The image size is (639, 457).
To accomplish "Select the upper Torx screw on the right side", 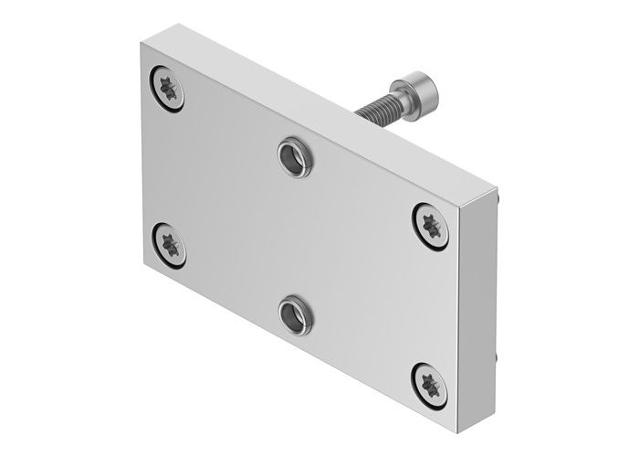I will (x=428, y=222).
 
